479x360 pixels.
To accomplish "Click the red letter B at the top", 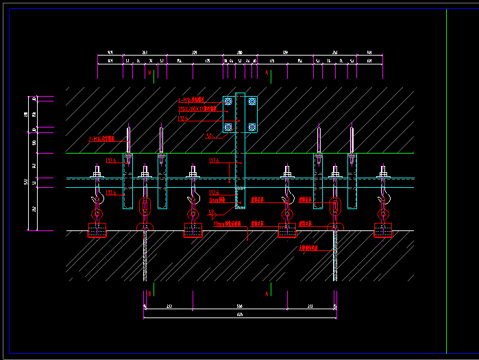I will coord(149,72).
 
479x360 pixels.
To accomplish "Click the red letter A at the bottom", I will coord(266,293).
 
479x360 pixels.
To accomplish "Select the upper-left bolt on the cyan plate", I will coord(228,101).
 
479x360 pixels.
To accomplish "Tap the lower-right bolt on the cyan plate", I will coord(252,126).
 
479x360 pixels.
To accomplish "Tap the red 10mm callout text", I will coord(226,224).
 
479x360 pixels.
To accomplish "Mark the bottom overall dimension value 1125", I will coord(239,315).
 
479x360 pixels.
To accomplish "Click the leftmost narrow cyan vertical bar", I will coord(127,182).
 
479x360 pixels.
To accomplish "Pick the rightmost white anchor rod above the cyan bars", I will coord(352,140).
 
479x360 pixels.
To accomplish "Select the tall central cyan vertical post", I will coord(240,151).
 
